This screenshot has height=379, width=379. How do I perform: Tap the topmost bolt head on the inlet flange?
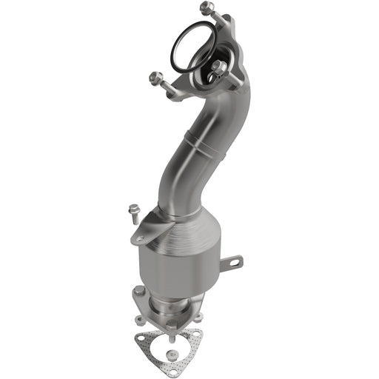pos(206,9)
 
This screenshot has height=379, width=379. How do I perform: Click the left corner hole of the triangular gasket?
pos(142,342)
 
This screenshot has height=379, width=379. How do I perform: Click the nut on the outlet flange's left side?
pos(138,320)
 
